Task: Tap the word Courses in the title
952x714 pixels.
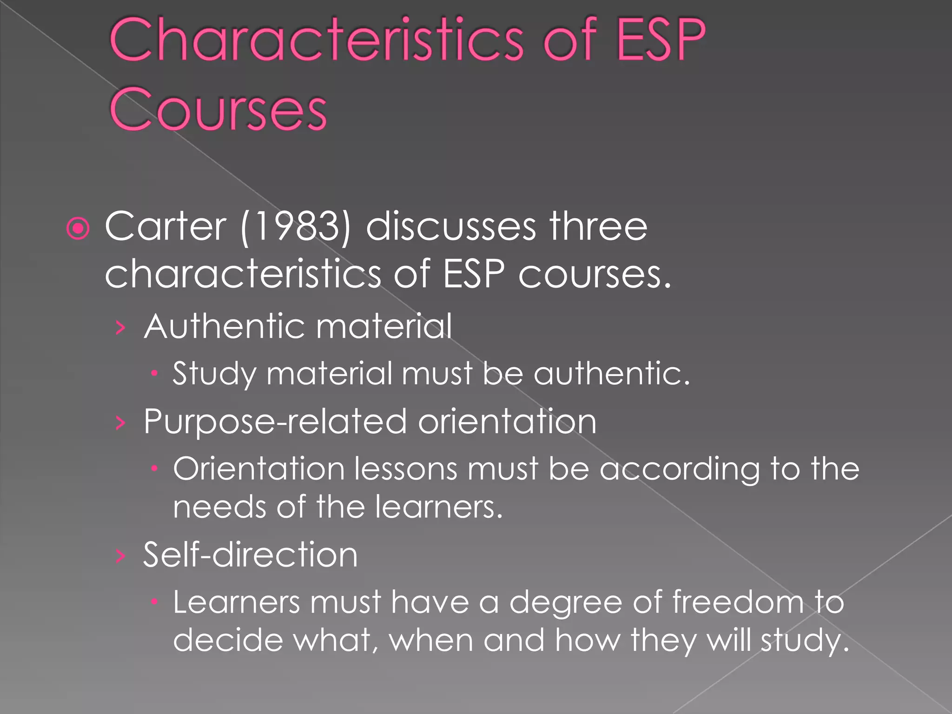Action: (218, 109)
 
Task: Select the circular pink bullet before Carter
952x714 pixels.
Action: (78, 228)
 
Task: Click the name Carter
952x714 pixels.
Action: (165, 226)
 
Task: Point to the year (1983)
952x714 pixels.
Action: (295, 226)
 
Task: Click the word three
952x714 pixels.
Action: (598, 226)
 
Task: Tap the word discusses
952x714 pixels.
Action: (451, 226)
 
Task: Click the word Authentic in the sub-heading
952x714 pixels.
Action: (224, 326)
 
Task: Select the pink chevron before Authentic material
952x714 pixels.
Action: (120, 328)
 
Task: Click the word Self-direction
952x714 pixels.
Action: (250, 555)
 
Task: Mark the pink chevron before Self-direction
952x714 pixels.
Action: (120, 556)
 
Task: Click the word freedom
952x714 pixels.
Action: (738, 602)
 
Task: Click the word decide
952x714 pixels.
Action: (227, 640)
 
